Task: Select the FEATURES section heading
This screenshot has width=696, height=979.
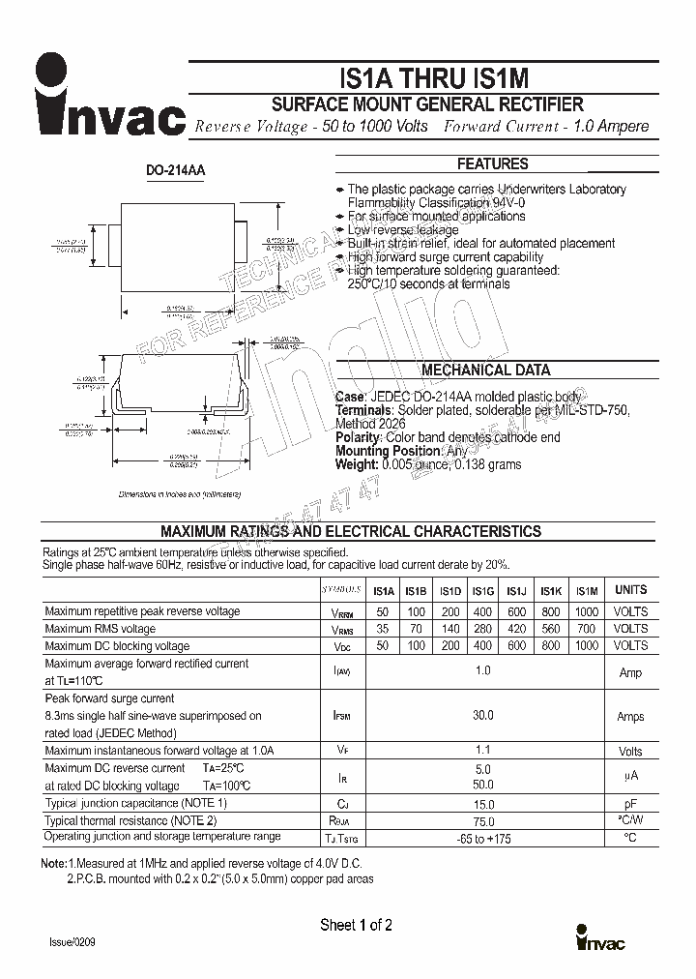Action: tap(492, 164)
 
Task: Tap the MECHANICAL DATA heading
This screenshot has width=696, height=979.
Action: tap(485, 371)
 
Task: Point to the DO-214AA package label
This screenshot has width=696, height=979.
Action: tap(175, 171)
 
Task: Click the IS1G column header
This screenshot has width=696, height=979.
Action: tap(482, 591)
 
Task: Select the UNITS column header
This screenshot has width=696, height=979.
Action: tap(630, 590)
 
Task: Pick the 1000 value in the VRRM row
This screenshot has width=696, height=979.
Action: tap(586, 611)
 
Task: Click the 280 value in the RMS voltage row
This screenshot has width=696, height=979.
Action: tap(482, 629)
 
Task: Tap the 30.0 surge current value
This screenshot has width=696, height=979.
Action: tap(482, 716)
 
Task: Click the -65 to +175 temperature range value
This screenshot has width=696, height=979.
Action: tap(482, 838)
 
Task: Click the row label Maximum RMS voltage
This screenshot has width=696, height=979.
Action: tap(100, 629)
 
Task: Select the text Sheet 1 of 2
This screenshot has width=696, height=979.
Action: tap(356, 926)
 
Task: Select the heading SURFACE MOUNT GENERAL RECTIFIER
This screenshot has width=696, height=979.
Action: tap(426, 104)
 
